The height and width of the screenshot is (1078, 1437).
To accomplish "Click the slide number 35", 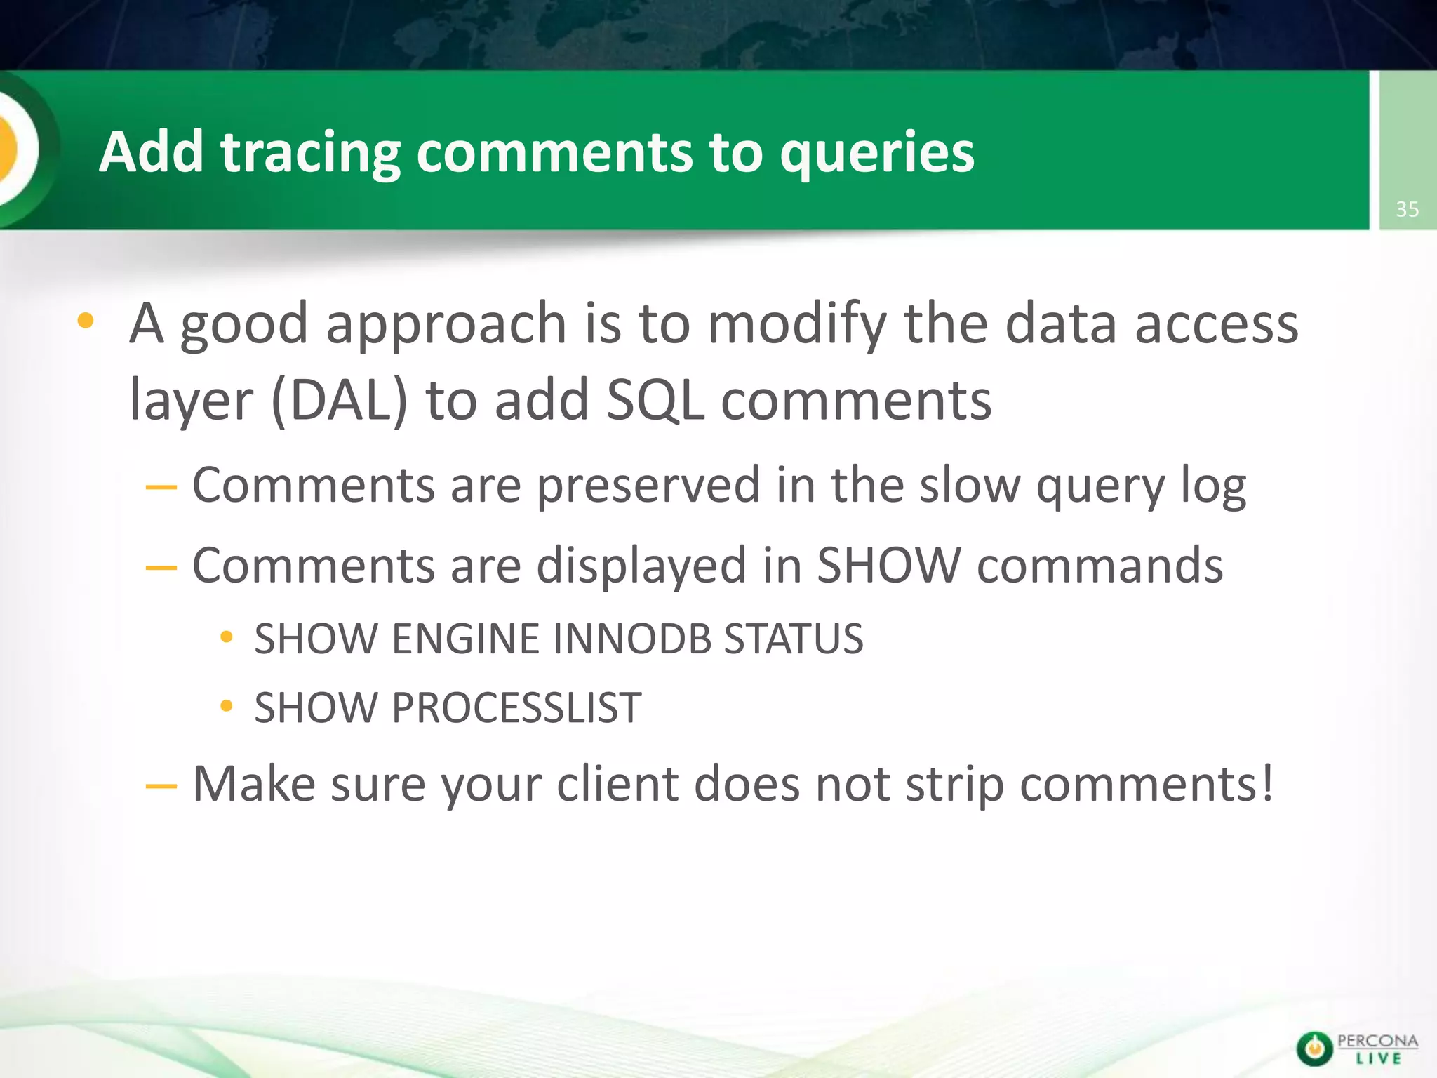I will (x=1407, y=209).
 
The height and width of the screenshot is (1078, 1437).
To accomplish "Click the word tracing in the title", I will (x=310, y=152).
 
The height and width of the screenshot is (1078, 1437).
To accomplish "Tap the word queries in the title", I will (x=876, y=152).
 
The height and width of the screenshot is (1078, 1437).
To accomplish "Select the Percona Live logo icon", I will (x=1314, y=1049).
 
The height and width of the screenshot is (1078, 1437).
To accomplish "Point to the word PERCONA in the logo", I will (x=1377, y=1041).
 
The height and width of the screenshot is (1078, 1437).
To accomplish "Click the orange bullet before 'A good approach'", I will (x=85, y=321).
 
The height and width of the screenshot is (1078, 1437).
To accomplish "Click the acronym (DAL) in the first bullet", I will (x=339, y=401).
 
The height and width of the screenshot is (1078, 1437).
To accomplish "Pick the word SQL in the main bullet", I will (x=655, y=401).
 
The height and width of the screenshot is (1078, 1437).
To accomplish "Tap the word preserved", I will (x=648, y=486).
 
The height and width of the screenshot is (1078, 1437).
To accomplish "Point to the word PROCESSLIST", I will (x=516, y=707).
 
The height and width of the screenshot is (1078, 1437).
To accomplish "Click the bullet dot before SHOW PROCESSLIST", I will (x=226, y=706).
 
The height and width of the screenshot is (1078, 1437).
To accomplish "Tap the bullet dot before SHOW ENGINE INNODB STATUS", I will (x=226, y=637).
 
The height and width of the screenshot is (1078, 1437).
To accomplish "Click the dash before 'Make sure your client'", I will (x=161, y=786).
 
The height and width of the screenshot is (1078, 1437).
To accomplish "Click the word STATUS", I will (x=793, y=639).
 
